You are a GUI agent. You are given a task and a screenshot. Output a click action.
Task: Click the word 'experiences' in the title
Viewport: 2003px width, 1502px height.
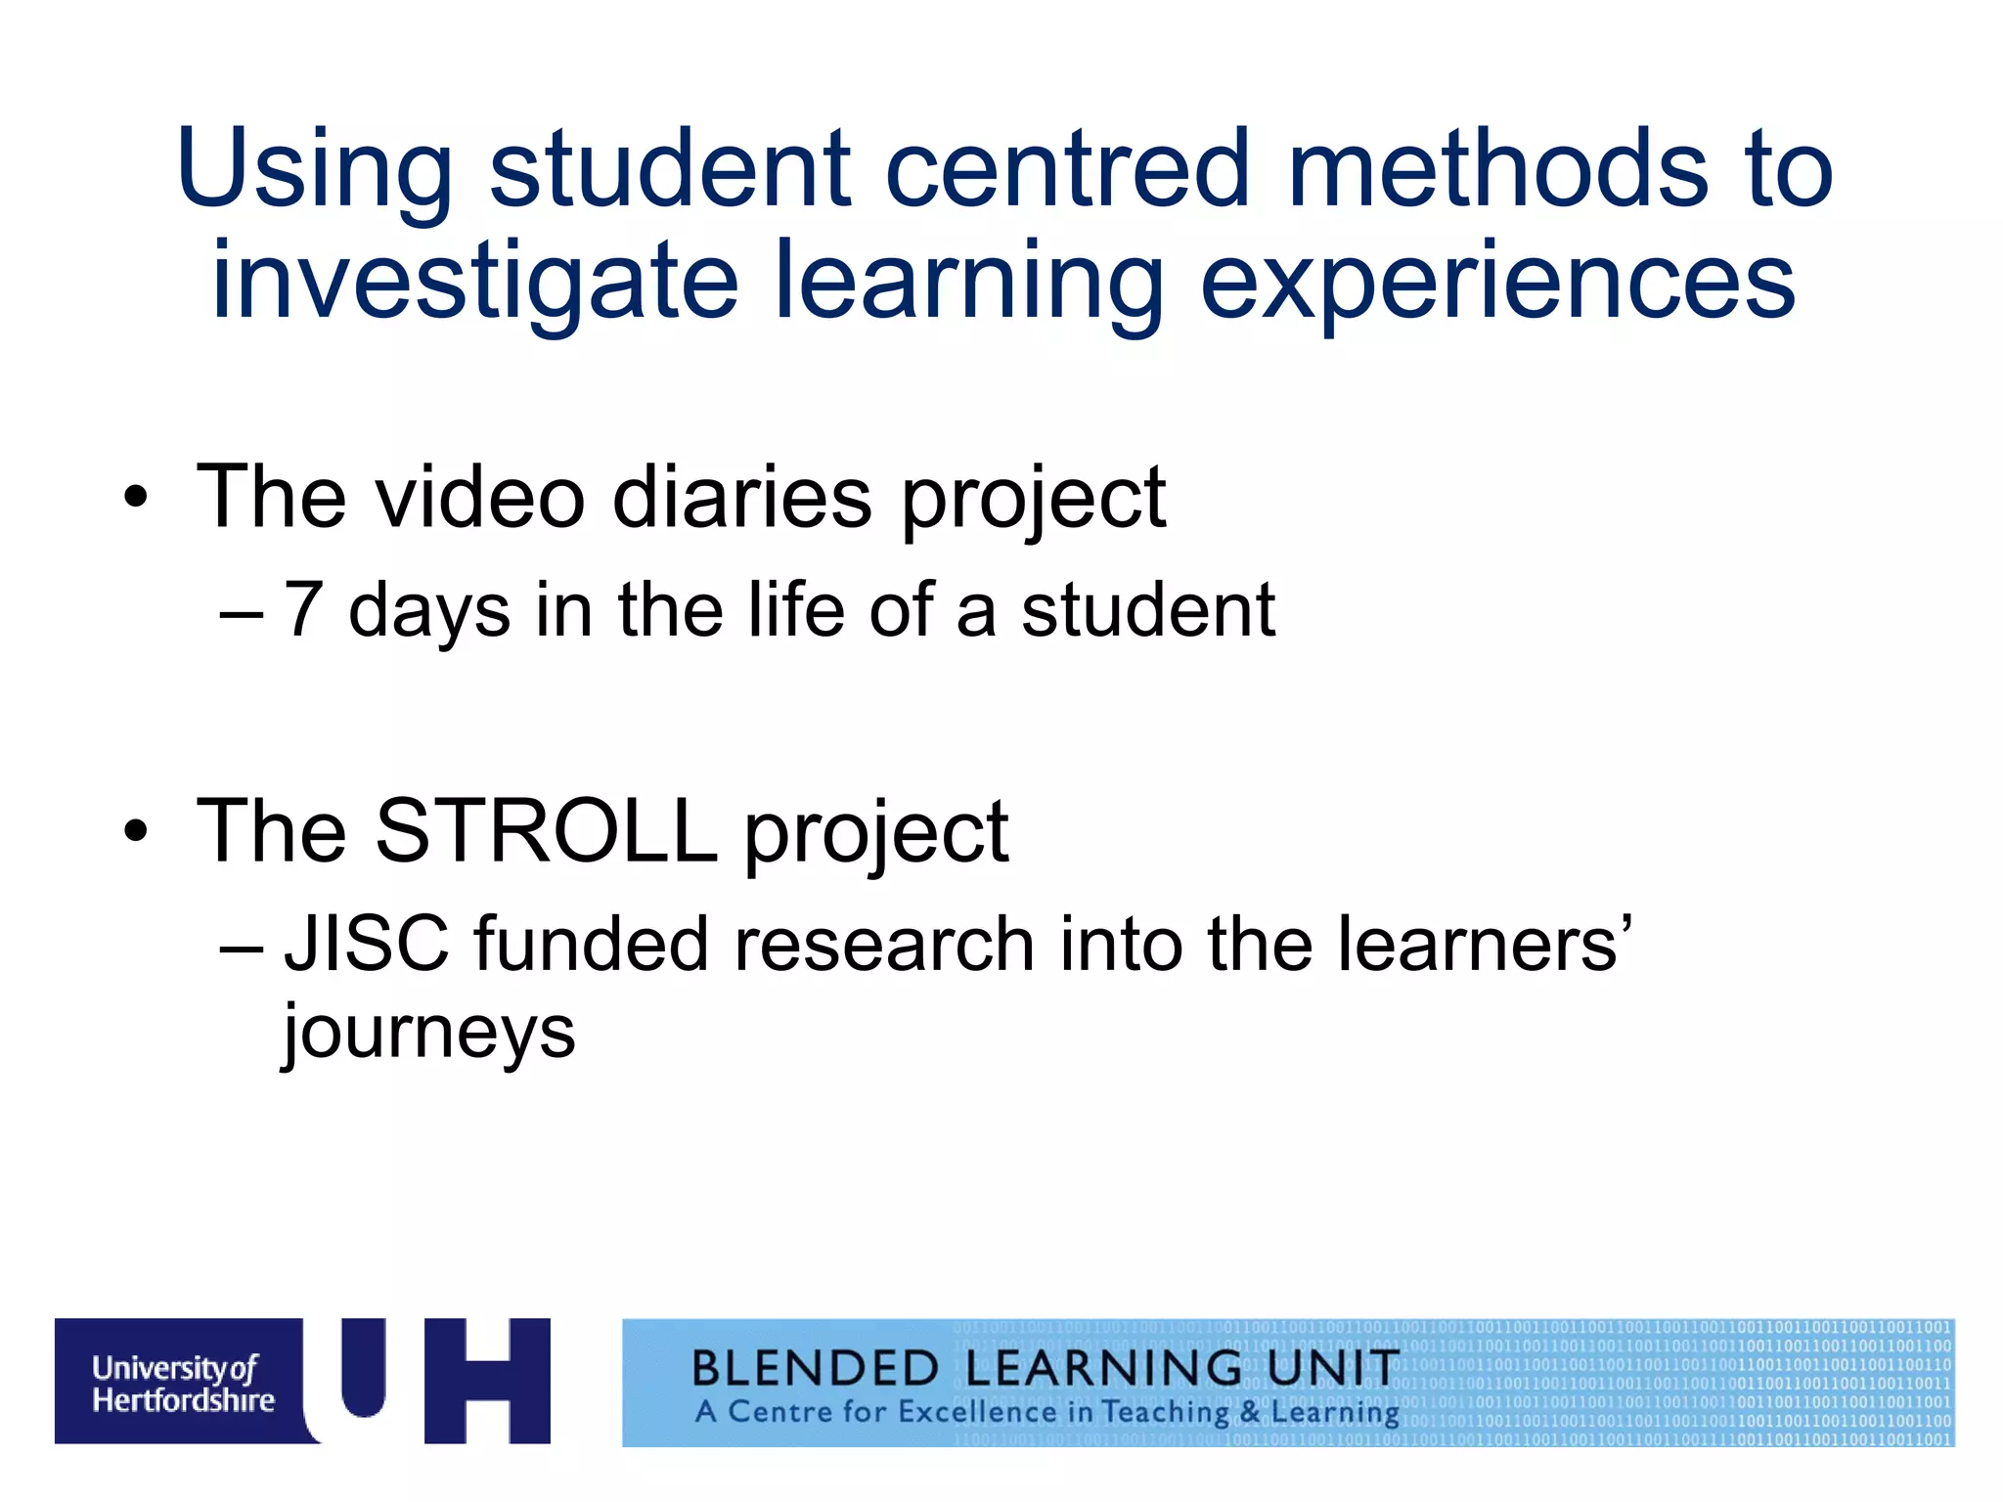1497,284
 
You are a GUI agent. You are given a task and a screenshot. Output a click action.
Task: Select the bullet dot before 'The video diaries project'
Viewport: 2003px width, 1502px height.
136,499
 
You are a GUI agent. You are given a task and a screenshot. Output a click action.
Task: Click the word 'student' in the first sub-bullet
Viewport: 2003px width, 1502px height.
1148,610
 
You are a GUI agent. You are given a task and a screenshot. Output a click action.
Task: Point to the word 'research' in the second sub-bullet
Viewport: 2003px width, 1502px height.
884,945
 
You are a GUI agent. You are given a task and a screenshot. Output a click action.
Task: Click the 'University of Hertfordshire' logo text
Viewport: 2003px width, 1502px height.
183,1384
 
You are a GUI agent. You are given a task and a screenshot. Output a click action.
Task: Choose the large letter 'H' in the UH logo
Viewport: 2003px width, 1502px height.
487,1381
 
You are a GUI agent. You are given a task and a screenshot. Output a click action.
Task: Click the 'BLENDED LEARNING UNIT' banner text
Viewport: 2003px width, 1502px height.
1045,1368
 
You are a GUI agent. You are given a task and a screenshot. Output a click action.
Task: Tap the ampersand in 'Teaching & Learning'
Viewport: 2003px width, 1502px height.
1250,1413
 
